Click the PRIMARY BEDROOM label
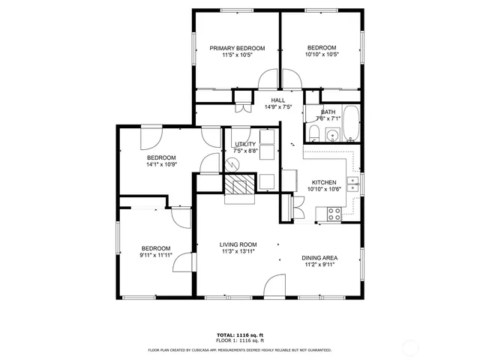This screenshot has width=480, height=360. coord(237,48)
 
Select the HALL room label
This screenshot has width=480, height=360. coord(277,100)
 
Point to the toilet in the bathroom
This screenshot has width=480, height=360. coord(316,135)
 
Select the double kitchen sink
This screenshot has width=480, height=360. coord(355,183)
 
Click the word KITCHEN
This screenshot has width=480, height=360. coord(324,182)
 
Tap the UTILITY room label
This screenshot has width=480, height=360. coord(244,144)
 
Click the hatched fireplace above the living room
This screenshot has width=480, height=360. coord(241,187)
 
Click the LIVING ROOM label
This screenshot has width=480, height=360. coord(238,244)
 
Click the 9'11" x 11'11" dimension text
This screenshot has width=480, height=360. coord(157,255)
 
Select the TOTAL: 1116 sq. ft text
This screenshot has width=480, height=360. coord(241,334)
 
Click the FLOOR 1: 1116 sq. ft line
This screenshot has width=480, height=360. coord(241,340)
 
